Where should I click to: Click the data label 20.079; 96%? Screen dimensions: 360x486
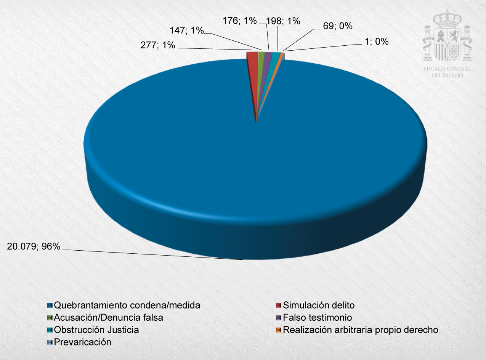coord(34,246)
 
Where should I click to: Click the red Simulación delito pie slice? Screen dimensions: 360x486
coord(252,56)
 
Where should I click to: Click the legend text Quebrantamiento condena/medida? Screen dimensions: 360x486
coord(127,305)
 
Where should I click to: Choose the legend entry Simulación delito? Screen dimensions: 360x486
coord(319,305)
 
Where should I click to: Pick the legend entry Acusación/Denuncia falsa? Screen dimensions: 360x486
coord(109,317)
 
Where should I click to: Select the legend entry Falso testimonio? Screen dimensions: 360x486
coord(318,317)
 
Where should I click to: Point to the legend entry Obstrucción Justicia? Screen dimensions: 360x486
coord(96,330)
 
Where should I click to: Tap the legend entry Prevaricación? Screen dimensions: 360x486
coord(83,342)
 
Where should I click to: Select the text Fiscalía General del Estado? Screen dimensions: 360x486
coord(447,72)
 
